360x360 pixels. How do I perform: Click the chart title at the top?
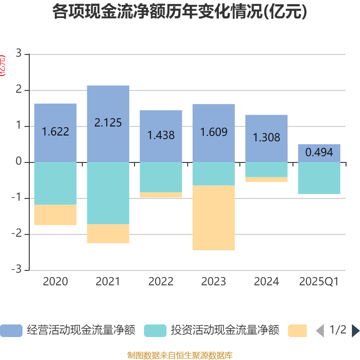[x=180, y=12]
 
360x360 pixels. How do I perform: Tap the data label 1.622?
[x=55, y=132]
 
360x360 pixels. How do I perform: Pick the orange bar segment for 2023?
[x=213, y=218]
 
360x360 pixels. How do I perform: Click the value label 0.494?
[x=319, y=153]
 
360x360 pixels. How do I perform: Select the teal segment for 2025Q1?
[x=319, y=178]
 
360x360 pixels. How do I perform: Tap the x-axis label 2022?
[x=161, y=282]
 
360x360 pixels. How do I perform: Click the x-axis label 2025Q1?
[x=319, y=282]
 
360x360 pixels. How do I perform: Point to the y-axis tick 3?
[x=18, y=54]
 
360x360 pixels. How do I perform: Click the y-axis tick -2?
[x=17, y=234]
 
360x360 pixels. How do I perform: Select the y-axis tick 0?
[x=18, y=162]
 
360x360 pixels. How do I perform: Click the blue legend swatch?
[x=11, y=331]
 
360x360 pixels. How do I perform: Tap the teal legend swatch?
[x=155, y=331]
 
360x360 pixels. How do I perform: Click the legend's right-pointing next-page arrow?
[x=355, y=331]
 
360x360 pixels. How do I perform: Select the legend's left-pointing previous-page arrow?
[x=320, y=331]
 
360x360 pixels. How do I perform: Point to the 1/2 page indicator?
[x=337, y=330]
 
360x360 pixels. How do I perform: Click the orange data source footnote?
[x=180, y=355]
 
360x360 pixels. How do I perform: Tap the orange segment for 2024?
[x=266, y=180]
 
